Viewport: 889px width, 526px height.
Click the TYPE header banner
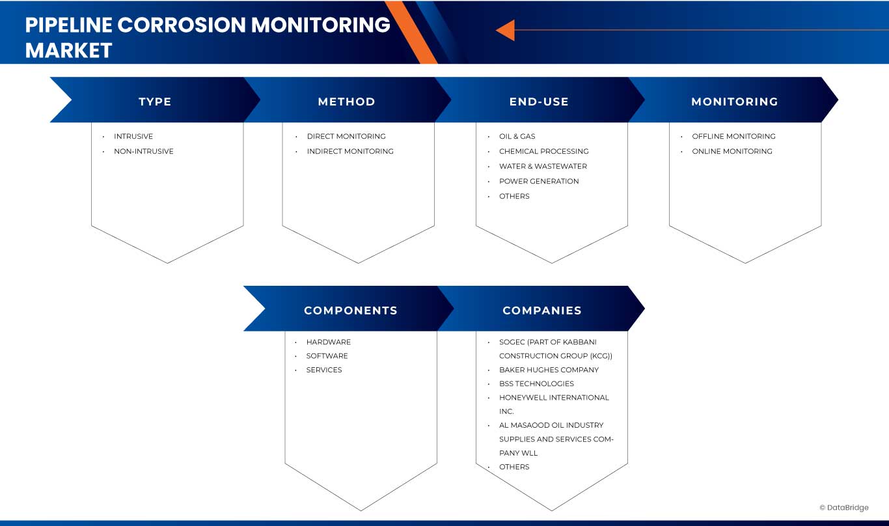click(x=155, y=102)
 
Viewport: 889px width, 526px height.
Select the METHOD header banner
click(x=346, y=102)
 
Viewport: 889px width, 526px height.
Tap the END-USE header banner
click(x=539, y=102)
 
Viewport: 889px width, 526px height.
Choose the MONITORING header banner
click(x=734, y=102)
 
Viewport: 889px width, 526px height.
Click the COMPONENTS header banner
click(x=350, y=311)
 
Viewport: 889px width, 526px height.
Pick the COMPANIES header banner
click(x=541, y=311)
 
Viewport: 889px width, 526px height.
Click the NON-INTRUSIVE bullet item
click(x=143, y=151)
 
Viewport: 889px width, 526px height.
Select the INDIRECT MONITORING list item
click(x=350, y=151)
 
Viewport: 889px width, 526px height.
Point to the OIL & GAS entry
click(x=517, y=136)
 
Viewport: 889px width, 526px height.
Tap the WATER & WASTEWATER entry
click(x=543, y=166)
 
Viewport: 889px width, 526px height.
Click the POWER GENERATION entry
click(x=539, y=181)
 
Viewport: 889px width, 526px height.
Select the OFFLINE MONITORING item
click(x=733, y=136)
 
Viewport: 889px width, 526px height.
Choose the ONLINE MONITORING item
click(x=732, y=151)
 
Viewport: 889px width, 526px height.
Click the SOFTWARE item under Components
click(x=327, y=355)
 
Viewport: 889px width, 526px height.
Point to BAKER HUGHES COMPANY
click(x=549, y=370)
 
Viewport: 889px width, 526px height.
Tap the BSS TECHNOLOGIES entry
click(x=536, y=383)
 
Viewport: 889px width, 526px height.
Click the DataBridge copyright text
click(x=844, y=508)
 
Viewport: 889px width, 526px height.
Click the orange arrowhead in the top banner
click(x=506, y=30)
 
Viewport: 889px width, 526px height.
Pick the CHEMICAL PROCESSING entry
click(x=543, y=151)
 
